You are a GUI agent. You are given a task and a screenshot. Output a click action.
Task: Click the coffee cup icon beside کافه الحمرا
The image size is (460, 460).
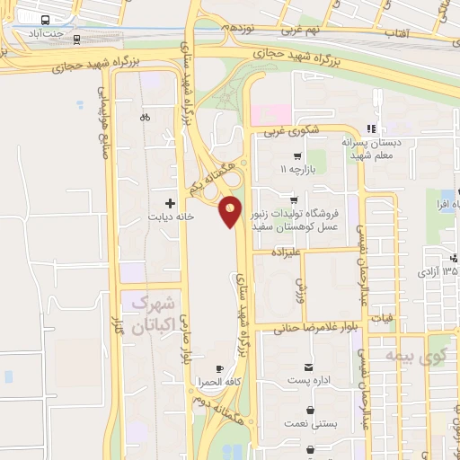(x=219, y=369)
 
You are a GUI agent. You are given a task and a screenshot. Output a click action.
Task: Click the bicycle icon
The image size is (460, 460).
(x=145, y=117)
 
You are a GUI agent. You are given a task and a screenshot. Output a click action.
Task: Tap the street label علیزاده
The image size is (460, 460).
(x=279, y=255)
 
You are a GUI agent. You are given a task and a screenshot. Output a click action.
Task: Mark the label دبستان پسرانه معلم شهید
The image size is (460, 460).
(x=372, y=149)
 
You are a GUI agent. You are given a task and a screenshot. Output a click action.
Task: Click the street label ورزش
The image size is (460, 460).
(x=301, y=287)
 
